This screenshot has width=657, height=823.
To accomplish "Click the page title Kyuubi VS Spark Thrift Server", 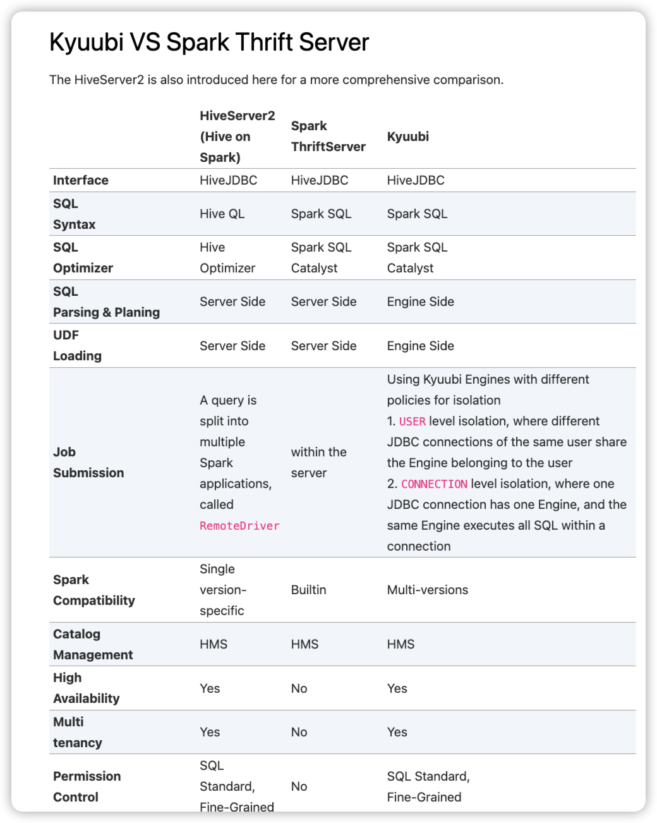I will point(208,42).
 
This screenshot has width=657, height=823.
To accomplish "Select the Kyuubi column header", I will point(407,137).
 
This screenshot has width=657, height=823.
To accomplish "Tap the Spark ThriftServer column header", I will point(328,137).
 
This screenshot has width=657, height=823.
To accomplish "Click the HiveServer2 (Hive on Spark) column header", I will point(237,137).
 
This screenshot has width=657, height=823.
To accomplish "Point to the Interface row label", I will point(81,180).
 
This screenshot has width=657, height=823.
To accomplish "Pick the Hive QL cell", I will point(222,214).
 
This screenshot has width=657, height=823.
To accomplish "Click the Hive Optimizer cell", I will point(227,258).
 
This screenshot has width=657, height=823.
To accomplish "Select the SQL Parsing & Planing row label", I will point(106,302).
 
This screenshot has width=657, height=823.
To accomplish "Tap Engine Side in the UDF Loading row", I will point(420,346).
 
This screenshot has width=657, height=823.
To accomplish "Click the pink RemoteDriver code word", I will point(239,526).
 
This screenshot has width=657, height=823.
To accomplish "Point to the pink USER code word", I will point(412,422).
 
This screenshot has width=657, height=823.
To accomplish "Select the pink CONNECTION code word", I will point(434,484).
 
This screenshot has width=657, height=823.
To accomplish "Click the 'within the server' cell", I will point(318,463).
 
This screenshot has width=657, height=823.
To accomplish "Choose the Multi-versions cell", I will point(427,590).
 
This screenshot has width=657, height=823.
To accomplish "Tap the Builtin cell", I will point(308,590).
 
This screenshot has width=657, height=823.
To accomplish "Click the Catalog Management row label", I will point(93,645).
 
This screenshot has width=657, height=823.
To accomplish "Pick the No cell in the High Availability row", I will point(299,688).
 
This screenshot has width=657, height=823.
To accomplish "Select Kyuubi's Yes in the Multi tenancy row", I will point(397,732).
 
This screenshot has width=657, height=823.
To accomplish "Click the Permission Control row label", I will point(87,786).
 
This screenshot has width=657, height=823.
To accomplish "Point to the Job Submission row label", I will point(88,463).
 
